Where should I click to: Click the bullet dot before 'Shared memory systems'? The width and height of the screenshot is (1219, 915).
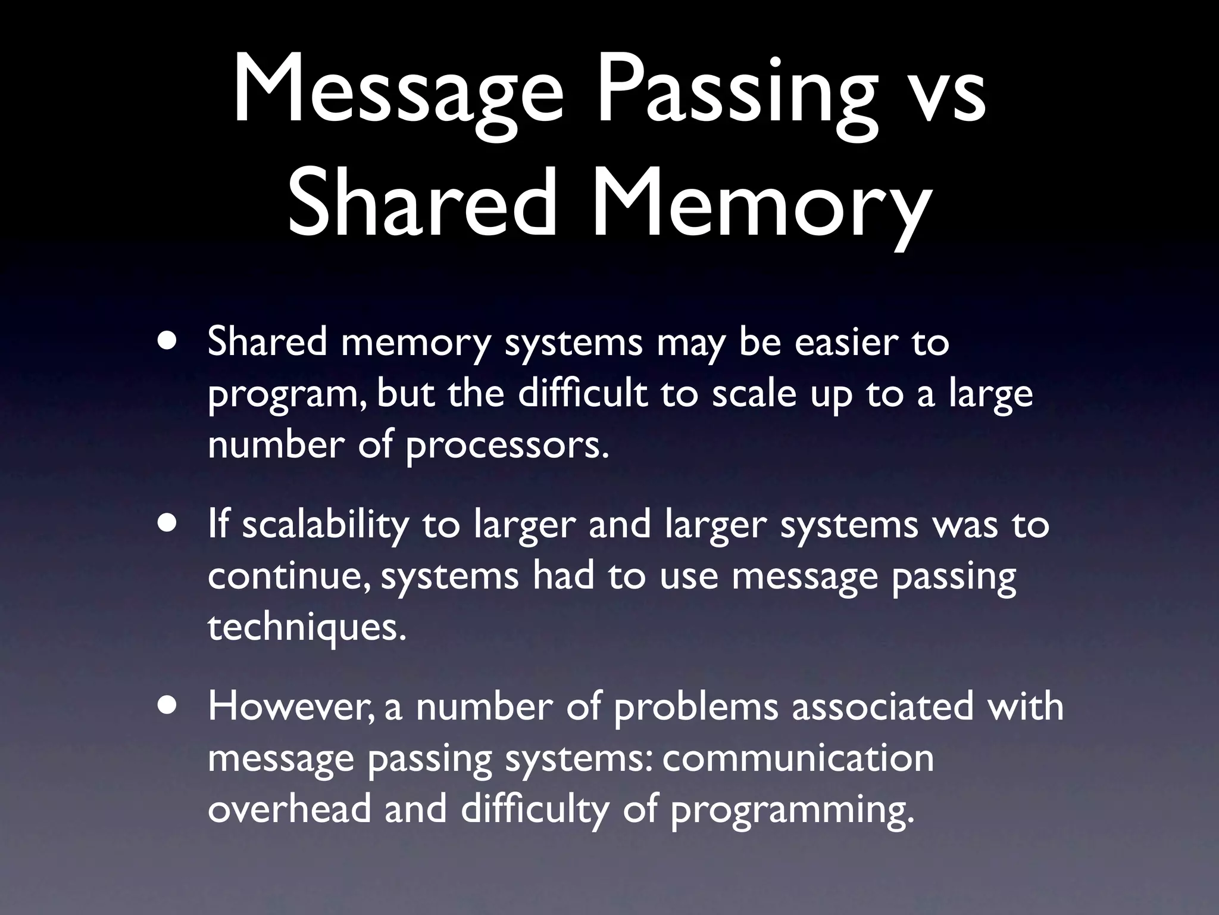click(168, 343)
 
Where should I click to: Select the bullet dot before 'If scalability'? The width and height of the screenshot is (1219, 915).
click(168, 524)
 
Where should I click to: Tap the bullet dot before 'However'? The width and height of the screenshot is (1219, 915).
click(168, 705)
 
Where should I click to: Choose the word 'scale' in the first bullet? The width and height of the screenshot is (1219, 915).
click(754, 394)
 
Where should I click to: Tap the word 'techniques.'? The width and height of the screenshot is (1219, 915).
click(307, 627)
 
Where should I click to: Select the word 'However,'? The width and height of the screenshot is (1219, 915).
click(292, 707)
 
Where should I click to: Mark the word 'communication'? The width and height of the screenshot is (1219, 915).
click(798, 758)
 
